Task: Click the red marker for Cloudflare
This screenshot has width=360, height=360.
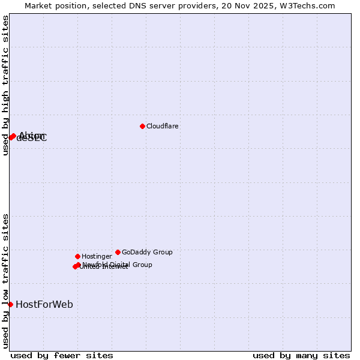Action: tap(142, 126)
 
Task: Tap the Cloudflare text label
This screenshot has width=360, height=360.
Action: tap(163, 127)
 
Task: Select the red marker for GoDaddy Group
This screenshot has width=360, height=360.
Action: tap(118, 252)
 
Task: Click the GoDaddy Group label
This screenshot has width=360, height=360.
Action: tap(147, 253)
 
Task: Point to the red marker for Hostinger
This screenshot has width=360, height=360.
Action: tap(77, 256)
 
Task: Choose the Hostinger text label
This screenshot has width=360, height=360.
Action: tap(97, 257)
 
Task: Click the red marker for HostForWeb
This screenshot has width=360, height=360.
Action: tap(10, 304)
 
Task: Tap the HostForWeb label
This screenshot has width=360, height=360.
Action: tap(44, 305)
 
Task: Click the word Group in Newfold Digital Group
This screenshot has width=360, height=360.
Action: tap(142, 265)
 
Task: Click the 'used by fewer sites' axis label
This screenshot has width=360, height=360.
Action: tap(62, 356)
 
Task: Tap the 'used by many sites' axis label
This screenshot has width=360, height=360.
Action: tap(301, 356)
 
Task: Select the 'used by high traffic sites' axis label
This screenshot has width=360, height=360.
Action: tap(6, 86)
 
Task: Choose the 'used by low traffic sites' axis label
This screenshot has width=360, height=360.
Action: tap(6, 281)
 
